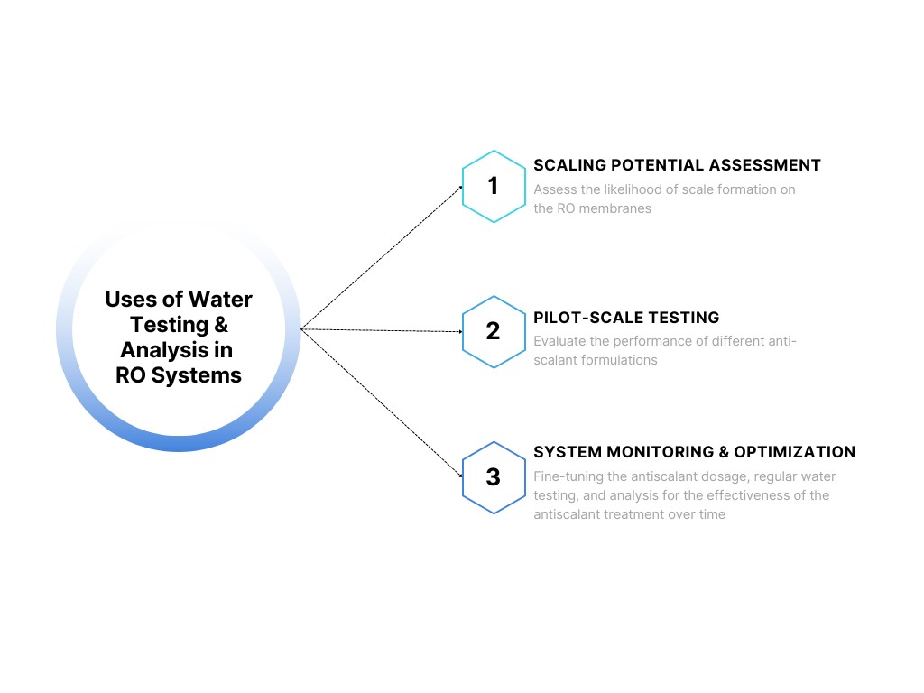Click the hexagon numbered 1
[x=494, y=186]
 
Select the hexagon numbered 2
[x=494, y=331]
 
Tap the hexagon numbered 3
[x=494, y=476]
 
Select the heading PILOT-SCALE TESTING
[x=626, y=318]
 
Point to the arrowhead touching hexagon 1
[x=459, y=188]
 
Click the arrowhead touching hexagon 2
[x=459, y=331]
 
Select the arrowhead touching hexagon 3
[x=459, y=475]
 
